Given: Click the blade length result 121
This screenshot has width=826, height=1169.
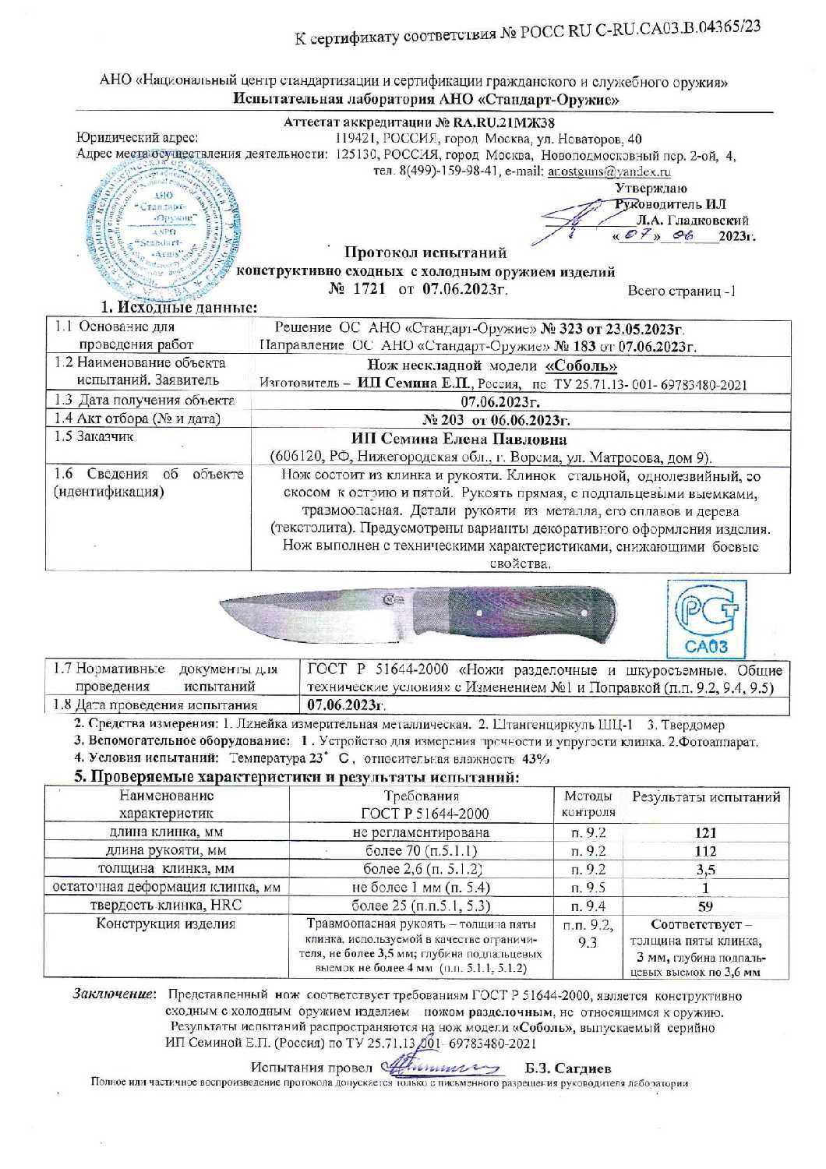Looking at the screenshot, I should [705, 832].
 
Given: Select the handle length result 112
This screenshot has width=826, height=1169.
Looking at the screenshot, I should [705, 850].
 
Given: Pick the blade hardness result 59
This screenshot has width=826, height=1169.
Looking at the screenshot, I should [705, 906].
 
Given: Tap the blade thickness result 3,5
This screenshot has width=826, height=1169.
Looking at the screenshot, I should [705, 869].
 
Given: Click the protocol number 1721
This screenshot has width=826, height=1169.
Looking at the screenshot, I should [369, 289].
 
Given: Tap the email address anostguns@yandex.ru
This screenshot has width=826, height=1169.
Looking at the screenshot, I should [609, 171].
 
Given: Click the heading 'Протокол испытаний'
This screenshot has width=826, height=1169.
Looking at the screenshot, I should [425, 253].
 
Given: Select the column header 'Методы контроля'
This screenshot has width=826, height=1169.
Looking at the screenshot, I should [588, 804].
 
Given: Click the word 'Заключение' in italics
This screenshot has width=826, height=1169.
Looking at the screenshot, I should [115, 995].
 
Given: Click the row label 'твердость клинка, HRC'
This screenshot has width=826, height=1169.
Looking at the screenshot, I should [166, 906].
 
